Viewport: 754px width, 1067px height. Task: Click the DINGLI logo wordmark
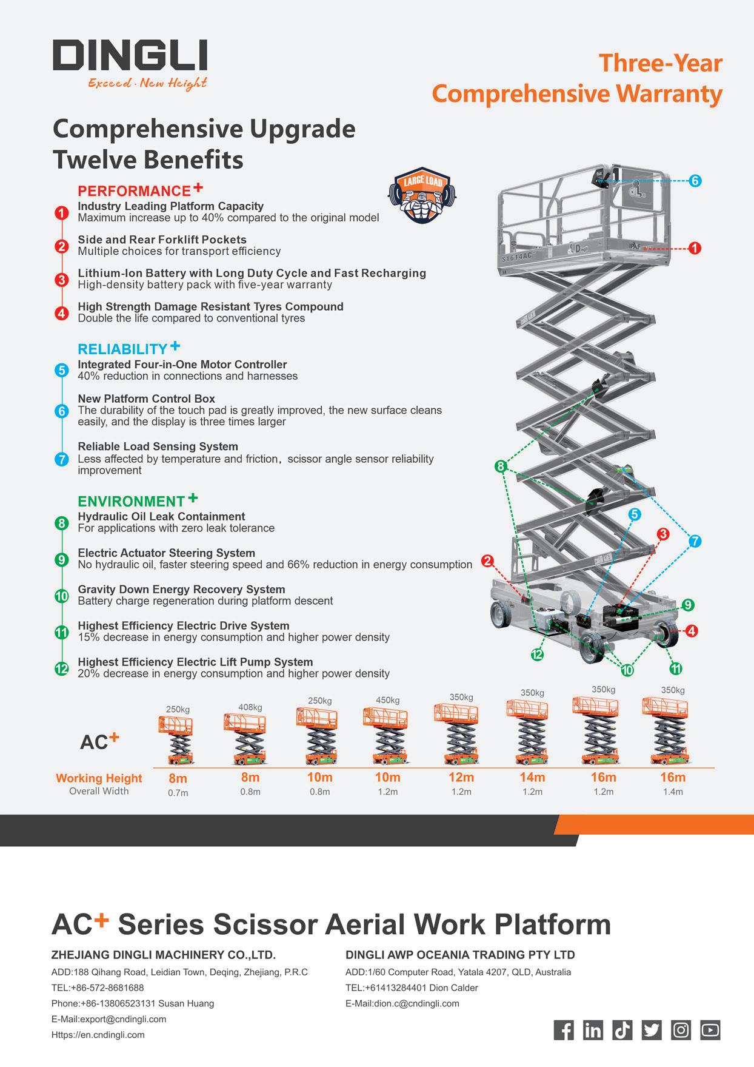tap(130, 56)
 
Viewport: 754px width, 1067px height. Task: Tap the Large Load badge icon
tap(422, 195)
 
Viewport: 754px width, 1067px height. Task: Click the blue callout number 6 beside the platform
tap(695, 181)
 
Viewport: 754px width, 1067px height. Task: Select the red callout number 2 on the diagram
tap(487, 561)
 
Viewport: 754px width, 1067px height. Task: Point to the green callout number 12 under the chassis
tap(537, 655)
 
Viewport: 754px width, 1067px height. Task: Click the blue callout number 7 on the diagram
tap(695, 541)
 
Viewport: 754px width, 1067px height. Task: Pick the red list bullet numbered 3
tap(61, 280)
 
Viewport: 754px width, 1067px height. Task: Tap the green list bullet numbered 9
tap(61, 559)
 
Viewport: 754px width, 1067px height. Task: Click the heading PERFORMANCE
tap(135, 191)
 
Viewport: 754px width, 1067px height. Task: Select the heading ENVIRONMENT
tap(131, 502)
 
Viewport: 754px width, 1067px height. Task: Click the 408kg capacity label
tap(250, 707)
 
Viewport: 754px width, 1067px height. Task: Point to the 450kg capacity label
tap(388, 700)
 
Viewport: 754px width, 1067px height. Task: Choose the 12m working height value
tap(461, 777)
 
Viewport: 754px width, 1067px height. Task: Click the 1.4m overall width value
tap(673, 792)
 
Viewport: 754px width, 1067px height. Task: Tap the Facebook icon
tap(564, 1030)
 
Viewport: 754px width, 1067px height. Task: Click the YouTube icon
tap(710, 1030)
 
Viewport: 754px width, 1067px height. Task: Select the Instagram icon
tap(681, 1030)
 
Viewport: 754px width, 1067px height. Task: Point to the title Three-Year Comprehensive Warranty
tap(577, 79)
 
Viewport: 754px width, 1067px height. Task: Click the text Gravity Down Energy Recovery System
tap(181, 589)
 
